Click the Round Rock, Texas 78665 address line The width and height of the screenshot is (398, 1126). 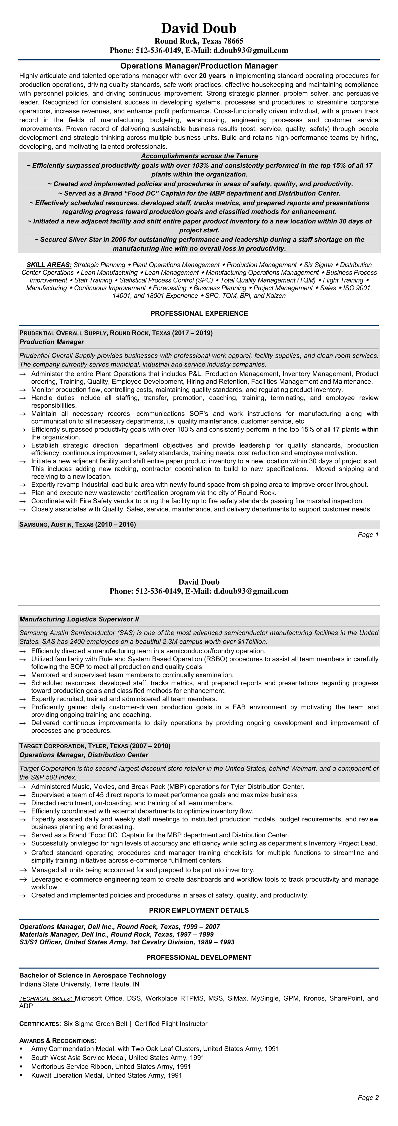point(199,41)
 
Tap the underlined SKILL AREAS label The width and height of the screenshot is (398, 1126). point(49,265)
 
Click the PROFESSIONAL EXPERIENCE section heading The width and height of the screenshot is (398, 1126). point(199,314)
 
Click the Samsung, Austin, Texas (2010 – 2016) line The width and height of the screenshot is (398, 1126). point(77,524)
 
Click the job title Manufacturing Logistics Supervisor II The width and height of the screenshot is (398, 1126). point(79,619)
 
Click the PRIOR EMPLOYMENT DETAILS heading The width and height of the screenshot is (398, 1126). point(199,910)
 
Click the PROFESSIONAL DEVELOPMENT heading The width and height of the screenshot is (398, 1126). point(199,957)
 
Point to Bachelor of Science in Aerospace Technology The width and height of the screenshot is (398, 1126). point(93,975)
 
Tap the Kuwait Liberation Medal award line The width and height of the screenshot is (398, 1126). point(106,1075)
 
